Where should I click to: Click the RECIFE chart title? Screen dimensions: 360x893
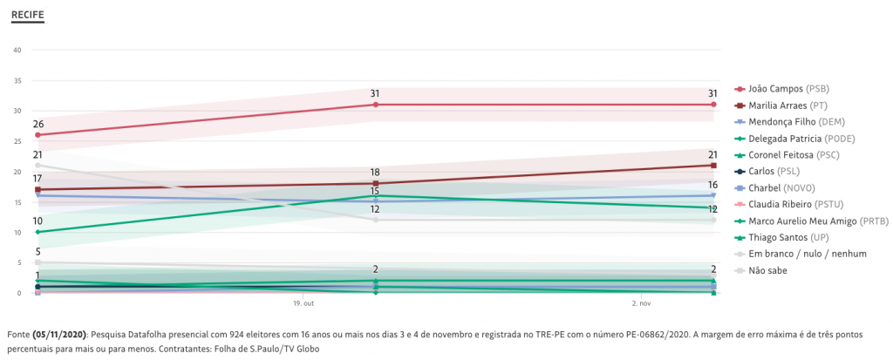tap(27, 16)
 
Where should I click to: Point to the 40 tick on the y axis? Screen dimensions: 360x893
tap(17, 50)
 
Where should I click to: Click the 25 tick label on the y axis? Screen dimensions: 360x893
tap(17, 141)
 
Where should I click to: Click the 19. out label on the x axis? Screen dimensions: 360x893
tap(303, 303)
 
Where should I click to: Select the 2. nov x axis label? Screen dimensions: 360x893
tap(641, 303)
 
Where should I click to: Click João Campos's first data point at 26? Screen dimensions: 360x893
tap(37, 135)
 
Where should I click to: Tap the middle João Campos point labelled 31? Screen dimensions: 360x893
tap(375, 105)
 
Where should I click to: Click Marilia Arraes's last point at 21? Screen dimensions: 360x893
tap(713, 166)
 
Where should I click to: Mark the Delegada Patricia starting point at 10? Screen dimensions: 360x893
tap(37, 232)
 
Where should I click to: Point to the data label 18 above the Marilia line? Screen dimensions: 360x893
tap(375, 173)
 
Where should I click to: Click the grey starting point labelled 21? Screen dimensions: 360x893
tap(37, 166)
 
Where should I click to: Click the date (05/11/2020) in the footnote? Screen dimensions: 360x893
tap(59, 334)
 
